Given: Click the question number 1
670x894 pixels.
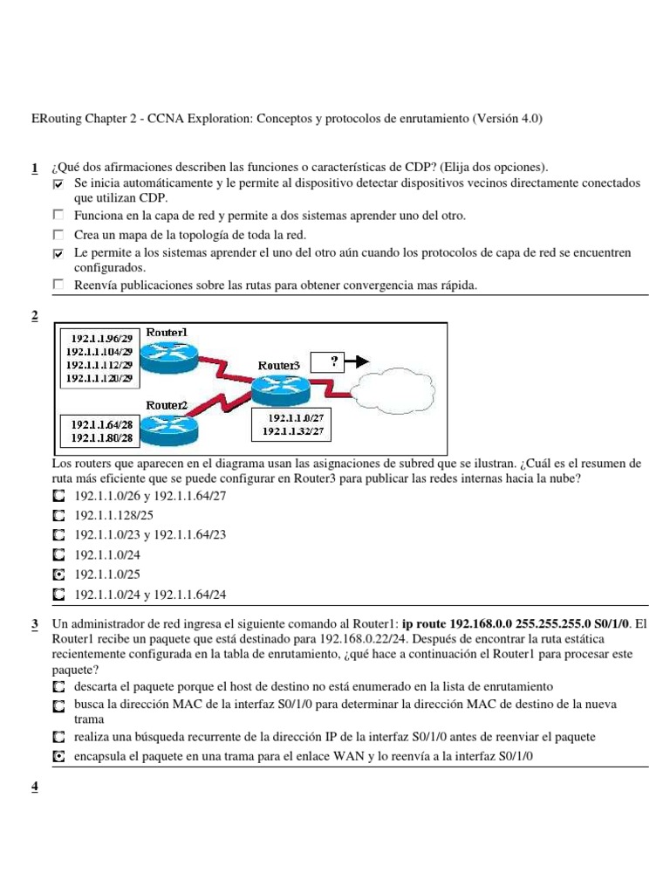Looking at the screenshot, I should point(34,168).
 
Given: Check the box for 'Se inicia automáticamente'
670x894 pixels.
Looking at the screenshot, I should point(58,184).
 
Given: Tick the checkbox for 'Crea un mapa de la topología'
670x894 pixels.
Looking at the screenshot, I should point(58,235).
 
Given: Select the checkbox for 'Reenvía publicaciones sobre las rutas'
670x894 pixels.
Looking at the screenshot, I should point(58,285).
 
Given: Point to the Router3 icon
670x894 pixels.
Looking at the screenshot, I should point(278,386).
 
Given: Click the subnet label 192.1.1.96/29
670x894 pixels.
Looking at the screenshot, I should point(97,339).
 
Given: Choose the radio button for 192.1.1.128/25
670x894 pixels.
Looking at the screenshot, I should point(58,515).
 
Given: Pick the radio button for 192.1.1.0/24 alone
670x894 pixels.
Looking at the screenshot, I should point(58,555).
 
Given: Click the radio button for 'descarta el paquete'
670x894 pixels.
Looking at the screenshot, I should point(58,687).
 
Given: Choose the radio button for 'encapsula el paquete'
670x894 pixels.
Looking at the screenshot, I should point(58,757).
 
